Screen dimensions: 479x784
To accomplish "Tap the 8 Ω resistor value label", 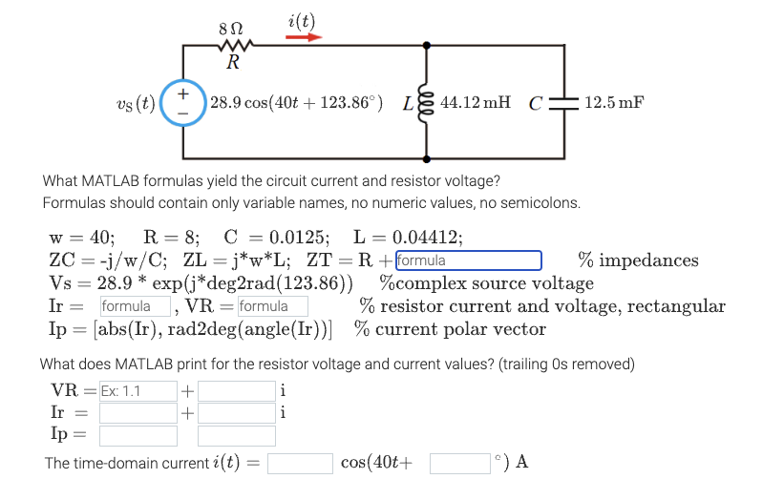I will click(230, 29).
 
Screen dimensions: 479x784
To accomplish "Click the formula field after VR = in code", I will click(272, 306).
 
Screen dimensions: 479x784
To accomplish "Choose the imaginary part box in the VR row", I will click(237, 390).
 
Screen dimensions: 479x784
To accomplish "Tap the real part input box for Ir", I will click(138, 413).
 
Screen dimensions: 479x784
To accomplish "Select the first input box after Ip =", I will click(138, 436).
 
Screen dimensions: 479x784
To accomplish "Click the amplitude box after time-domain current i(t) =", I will click(299, 463).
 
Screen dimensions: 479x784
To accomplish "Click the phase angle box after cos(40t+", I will click(460, 463).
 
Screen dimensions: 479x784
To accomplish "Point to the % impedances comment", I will click(638, 260).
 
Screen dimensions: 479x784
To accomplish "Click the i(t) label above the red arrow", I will click(301, 20).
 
